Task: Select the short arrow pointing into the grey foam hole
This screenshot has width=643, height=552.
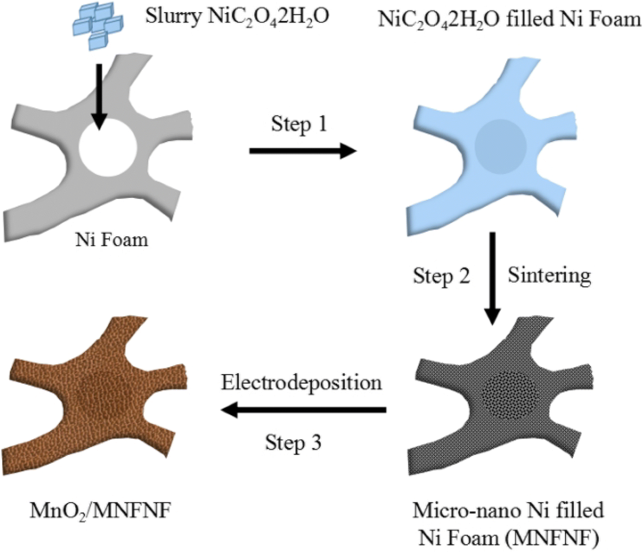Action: (x=99, y=96)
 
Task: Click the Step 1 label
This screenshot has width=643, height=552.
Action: (x=298, y=124)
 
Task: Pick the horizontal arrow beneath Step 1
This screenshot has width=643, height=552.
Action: (x=303, y=152)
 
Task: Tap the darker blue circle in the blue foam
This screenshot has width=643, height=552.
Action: (x=500, y=146)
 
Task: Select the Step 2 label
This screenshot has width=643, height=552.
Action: (x=441, y=276)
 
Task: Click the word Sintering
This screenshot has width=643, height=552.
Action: (x=549, y=275)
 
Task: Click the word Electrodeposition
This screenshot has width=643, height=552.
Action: (x=302, y=383)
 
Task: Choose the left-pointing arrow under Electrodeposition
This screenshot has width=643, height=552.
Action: (x=303, y=411)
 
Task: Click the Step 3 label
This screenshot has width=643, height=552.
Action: (x=293, y=443)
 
